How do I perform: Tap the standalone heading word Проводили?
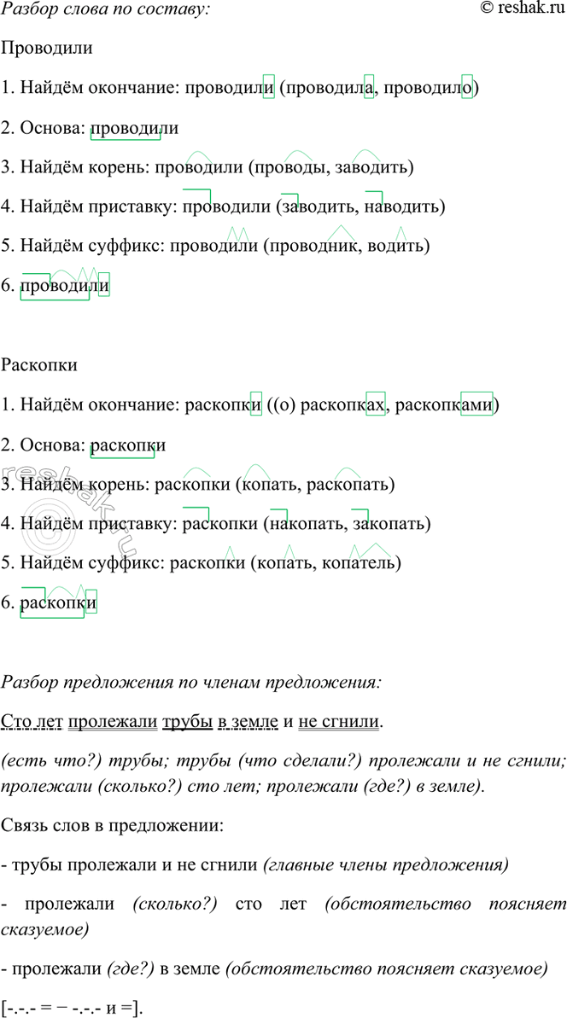tap(47, 49)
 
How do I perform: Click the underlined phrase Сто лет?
tap(31, 723)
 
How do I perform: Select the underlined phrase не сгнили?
tap(338, 723)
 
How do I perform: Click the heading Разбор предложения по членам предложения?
tap(191, 682)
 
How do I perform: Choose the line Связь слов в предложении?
tap(114, 826)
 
